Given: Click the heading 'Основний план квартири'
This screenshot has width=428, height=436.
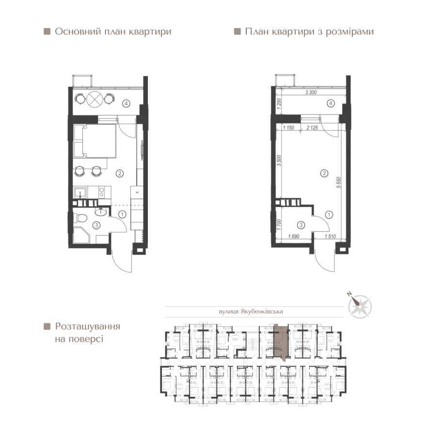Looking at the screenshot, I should [112, 32].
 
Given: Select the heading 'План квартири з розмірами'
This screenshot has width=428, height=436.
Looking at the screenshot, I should [309, 32].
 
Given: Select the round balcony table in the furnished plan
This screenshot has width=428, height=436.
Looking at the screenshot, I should [95, 99].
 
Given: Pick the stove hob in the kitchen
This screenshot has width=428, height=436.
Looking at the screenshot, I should [102, 192].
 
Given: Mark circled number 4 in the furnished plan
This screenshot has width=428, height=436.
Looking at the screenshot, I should [126, 103].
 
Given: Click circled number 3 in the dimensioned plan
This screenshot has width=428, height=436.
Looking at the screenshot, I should [301, 224].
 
